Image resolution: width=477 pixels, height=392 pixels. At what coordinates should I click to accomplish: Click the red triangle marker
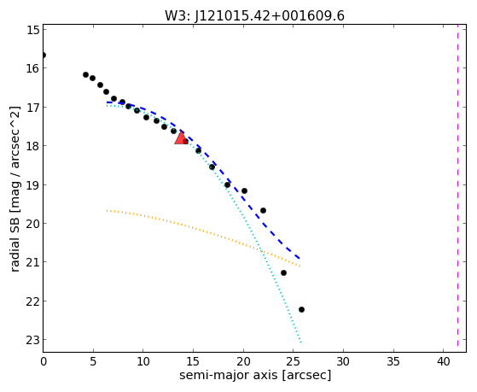pos(181,138)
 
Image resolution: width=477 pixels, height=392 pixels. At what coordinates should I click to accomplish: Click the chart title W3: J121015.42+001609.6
pos(254,15)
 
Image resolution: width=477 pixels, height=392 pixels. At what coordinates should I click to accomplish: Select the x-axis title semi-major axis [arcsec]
pos(255,375)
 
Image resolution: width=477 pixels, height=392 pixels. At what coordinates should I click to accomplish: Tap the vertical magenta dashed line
pos(457,188)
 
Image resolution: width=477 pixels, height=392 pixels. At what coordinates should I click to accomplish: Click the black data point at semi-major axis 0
pos(44,56)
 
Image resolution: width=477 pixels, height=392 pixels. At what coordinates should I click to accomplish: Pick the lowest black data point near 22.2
pos(301,309)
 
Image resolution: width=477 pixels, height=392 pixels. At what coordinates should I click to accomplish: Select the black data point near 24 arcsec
pos(283,272)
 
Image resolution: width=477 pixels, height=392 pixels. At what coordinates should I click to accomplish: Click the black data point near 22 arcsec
pos(263,210)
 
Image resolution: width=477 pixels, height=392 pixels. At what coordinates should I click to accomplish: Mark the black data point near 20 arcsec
pos(244,191)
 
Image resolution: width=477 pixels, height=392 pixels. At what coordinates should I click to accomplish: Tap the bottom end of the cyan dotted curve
pos(301,342)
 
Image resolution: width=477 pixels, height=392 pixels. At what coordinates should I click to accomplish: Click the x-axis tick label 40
pos(443,361)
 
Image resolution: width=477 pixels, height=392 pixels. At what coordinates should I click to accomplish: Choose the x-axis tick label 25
pos(294,361)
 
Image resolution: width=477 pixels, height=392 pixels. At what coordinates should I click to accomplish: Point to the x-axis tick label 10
pos(143,361)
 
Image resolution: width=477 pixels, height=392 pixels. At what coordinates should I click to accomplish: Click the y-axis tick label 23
pos(33,340)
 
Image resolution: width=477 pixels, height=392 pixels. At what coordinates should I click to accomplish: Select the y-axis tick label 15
pos(33,29)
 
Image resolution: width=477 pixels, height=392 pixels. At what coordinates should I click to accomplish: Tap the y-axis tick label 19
pos(33,184)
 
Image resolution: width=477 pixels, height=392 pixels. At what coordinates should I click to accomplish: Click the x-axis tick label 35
pos(393,361)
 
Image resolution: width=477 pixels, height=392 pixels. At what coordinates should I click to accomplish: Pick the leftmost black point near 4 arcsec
pos(85,74)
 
